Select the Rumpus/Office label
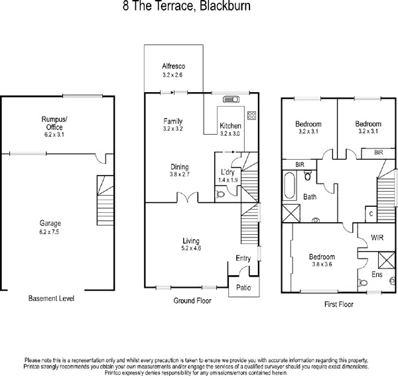click(50, 123)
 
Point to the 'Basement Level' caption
click(52, 299)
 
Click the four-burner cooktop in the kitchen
click(252, 114)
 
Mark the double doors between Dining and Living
click(188, 198)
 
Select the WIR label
click(378, 236)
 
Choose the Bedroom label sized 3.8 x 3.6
click(322, 257)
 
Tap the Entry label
click(243, 259)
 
